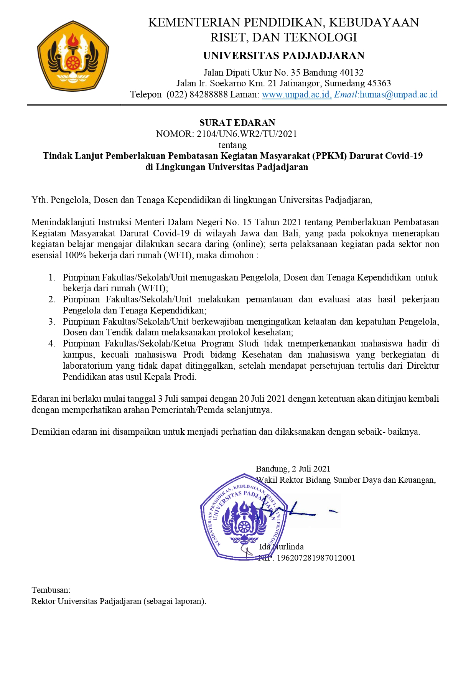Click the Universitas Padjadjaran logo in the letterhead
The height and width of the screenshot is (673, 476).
(73, 56)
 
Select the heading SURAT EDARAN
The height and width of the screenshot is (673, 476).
(237, 123)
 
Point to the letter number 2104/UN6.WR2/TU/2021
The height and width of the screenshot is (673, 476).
(247, 134)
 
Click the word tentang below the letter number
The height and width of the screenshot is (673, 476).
(232, 145)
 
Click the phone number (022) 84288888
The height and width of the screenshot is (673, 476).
(197, 94)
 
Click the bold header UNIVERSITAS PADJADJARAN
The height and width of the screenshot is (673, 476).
(283, 56)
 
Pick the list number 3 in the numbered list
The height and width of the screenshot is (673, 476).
(52, 322)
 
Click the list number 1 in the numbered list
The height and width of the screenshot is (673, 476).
(52, 277)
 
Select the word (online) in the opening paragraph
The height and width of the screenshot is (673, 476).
(248, 244)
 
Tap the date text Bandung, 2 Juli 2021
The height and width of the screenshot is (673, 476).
(293, 469)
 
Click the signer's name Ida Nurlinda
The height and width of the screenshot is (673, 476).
(281, 547)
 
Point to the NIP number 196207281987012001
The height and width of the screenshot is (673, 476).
(316, 558)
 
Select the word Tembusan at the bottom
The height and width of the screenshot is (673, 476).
(50, 590)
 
